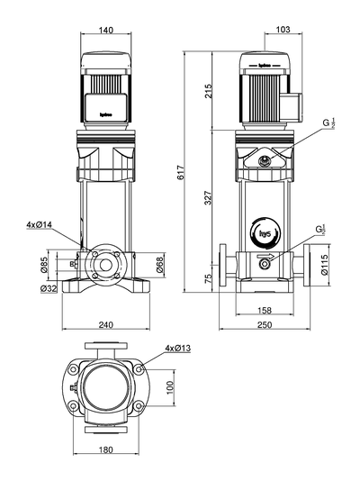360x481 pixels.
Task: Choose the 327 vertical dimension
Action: [209, 199]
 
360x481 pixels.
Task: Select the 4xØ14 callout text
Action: [39, 224]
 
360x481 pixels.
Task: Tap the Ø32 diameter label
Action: [48, 288]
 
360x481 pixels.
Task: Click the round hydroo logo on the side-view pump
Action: [265, 234]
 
